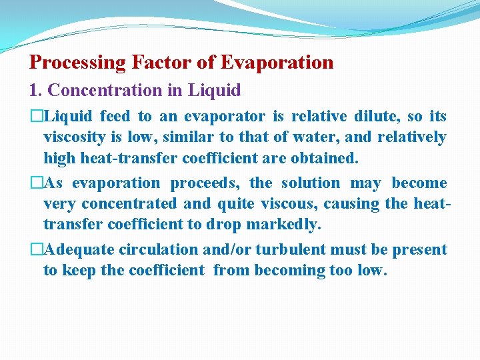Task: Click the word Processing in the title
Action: (x=78, y=63)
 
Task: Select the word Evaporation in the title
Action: (x=277, y=63)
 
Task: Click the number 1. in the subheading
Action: (x=36, y=90)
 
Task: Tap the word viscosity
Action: (x=74, y=137)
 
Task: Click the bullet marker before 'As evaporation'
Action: (x=37, y=183)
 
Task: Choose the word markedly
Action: (x=288, y=225)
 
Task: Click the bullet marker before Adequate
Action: (x=37, y=250)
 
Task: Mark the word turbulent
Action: (x=289, y=250)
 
